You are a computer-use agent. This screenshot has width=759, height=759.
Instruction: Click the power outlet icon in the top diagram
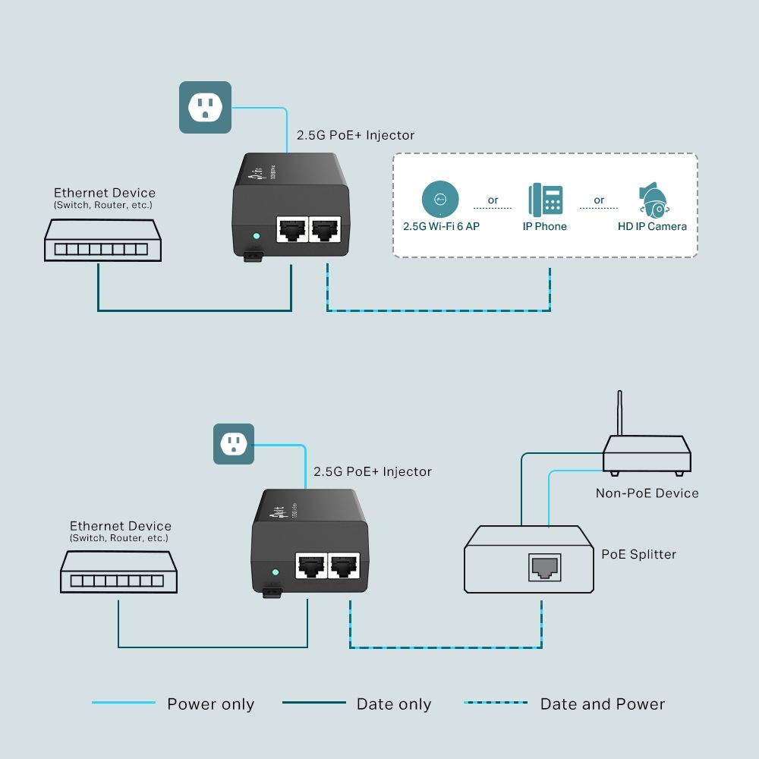(x=205, y=108)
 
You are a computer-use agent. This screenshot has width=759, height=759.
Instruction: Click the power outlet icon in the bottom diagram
(x=233, y=444)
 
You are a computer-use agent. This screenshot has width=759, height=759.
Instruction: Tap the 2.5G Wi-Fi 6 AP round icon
(x=440, y=200)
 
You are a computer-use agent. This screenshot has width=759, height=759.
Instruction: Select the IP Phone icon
(x=545, y=200)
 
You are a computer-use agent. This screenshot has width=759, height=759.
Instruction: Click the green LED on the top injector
(x=257, y=236)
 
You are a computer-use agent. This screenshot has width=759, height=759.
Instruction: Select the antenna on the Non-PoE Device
(x=619, y=414)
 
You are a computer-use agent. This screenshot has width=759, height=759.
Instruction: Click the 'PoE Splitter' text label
(x=638, y=554)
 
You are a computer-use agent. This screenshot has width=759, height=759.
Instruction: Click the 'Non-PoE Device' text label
(x=647, y=493)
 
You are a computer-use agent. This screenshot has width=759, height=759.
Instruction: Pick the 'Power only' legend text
(x=210, y=704)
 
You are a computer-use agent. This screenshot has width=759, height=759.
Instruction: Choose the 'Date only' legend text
(x=394, y=704)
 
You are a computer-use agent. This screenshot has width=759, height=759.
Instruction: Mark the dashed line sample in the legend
(x=496, y=703)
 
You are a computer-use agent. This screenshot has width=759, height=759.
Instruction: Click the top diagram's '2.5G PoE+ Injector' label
(x=356, y=135)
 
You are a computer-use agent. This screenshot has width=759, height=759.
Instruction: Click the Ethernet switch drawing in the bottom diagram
(x=119, y=572)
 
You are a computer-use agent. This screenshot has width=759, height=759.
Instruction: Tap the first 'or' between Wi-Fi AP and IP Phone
(x=493, y=200)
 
